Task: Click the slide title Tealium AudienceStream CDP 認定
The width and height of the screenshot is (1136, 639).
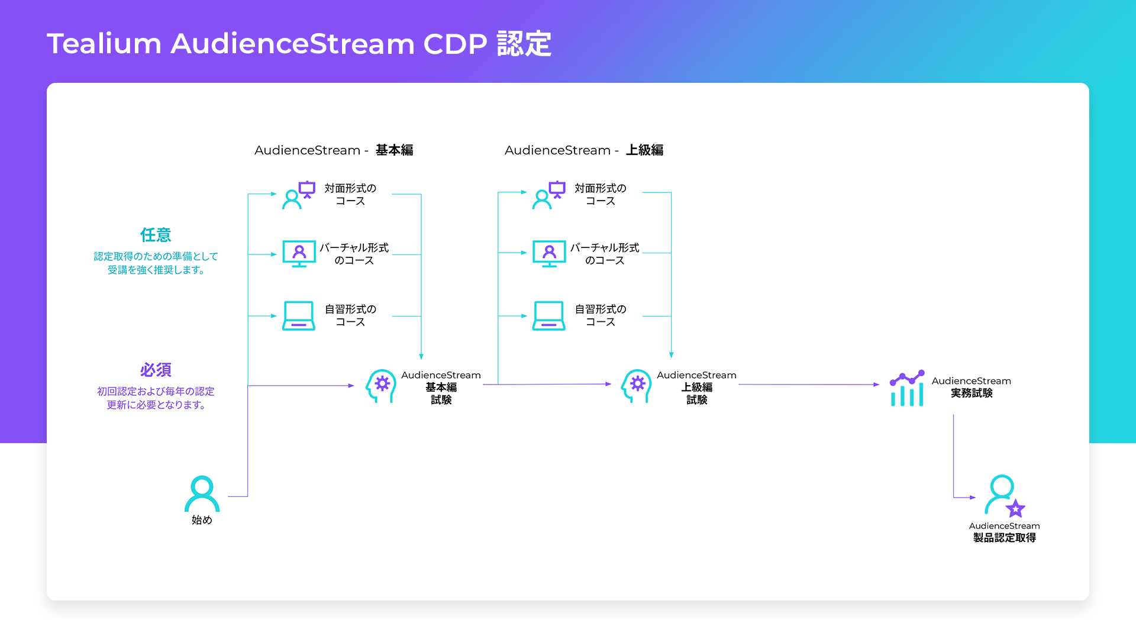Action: click(299, 44)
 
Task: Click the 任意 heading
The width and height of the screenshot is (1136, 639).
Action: click(156, 235)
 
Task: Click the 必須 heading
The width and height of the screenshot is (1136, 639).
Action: click(156, 370)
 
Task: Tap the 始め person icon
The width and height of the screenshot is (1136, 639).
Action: click(202, 493)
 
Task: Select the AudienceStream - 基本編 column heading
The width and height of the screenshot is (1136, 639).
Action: click(334, 150)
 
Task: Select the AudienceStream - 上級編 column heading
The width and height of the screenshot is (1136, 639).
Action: click(584, 150)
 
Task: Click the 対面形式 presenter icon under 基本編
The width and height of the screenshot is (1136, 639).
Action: click(299, 195)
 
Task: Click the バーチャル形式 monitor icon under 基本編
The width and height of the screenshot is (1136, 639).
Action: click(299, 254)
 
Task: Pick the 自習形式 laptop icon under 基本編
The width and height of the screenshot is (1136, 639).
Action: click(299, 315)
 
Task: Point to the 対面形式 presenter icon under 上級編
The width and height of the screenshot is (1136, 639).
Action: click(549, 195)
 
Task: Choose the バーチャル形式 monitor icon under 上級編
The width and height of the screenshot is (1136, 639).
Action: click(549, 254)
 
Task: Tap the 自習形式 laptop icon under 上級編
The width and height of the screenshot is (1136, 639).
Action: click(549, 315)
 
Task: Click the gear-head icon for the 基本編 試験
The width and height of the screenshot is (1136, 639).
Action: click(380, 386)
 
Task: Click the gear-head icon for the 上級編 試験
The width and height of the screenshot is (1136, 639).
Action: click(636, 386)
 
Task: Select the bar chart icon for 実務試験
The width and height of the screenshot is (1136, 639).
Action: click(907, 389)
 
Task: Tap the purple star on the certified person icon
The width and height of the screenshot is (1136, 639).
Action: click(1015, 508)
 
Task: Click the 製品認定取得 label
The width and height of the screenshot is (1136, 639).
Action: click(1005, 538)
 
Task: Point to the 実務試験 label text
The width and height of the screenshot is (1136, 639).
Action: click(972, 393)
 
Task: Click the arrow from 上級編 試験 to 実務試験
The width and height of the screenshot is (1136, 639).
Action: click(809, 385)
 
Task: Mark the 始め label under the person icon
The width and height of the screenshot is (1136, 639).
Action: click(202, 520)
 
